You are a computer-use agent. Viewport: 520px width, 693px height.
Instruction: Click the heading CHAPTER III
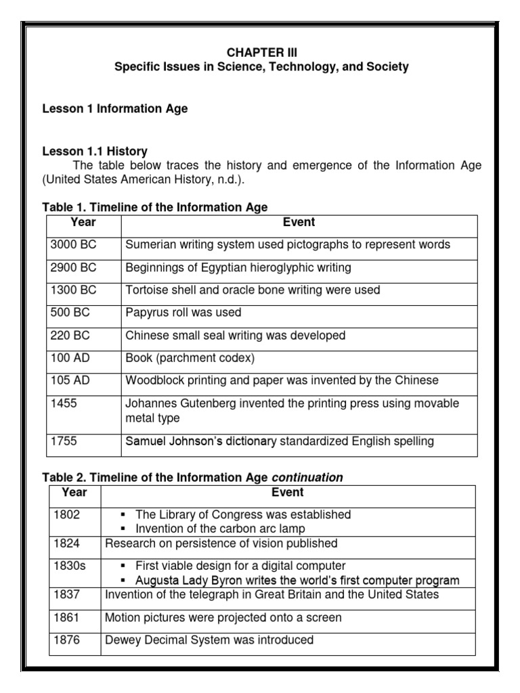click(261, 51)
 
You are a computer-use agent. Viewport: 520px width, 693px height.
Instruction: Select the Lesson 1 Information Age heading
click(115, 108)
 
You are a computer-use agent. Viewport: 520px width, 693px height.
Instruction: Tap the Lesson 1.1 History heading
click(95, 151)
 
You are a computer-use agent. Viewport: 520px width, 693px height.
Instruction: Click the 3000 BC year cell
click(74, 245)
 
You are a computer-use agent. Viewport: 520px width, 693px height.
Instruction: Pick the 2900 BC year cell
click(74, 267)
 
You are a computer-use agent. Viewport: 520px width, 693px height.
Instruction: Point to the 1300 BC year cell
click(74, 290)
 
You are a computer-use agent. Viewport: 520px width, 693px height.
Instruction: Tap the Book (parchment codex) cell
click(190, 358)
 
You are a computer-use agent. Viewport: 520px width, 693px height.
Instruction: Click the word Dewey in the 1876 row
click(121, 640)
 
